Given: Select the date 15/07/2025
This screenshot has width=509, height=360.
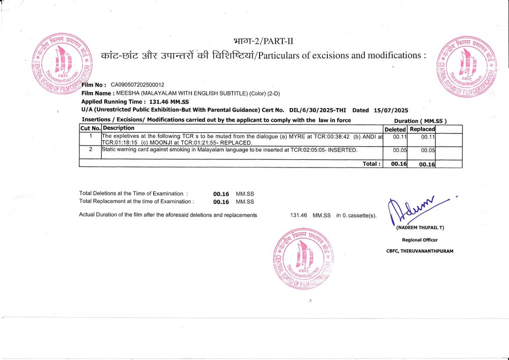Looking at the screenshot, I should [390, 110].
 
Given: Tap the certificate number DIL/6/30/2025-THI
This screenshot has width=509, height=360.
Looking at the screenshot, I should [318, 110].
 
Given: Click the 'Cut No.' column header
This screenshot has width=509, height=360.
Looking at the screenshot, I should [90, 128].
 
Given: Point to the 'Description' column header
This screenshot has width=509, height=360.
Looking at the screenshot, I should [119, 128].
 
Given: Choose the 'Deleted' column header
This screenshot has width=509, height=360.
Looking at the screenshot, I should [395, 129].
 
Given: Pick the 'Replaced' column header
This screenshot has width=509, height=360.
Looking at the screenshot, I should [422, 129].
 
